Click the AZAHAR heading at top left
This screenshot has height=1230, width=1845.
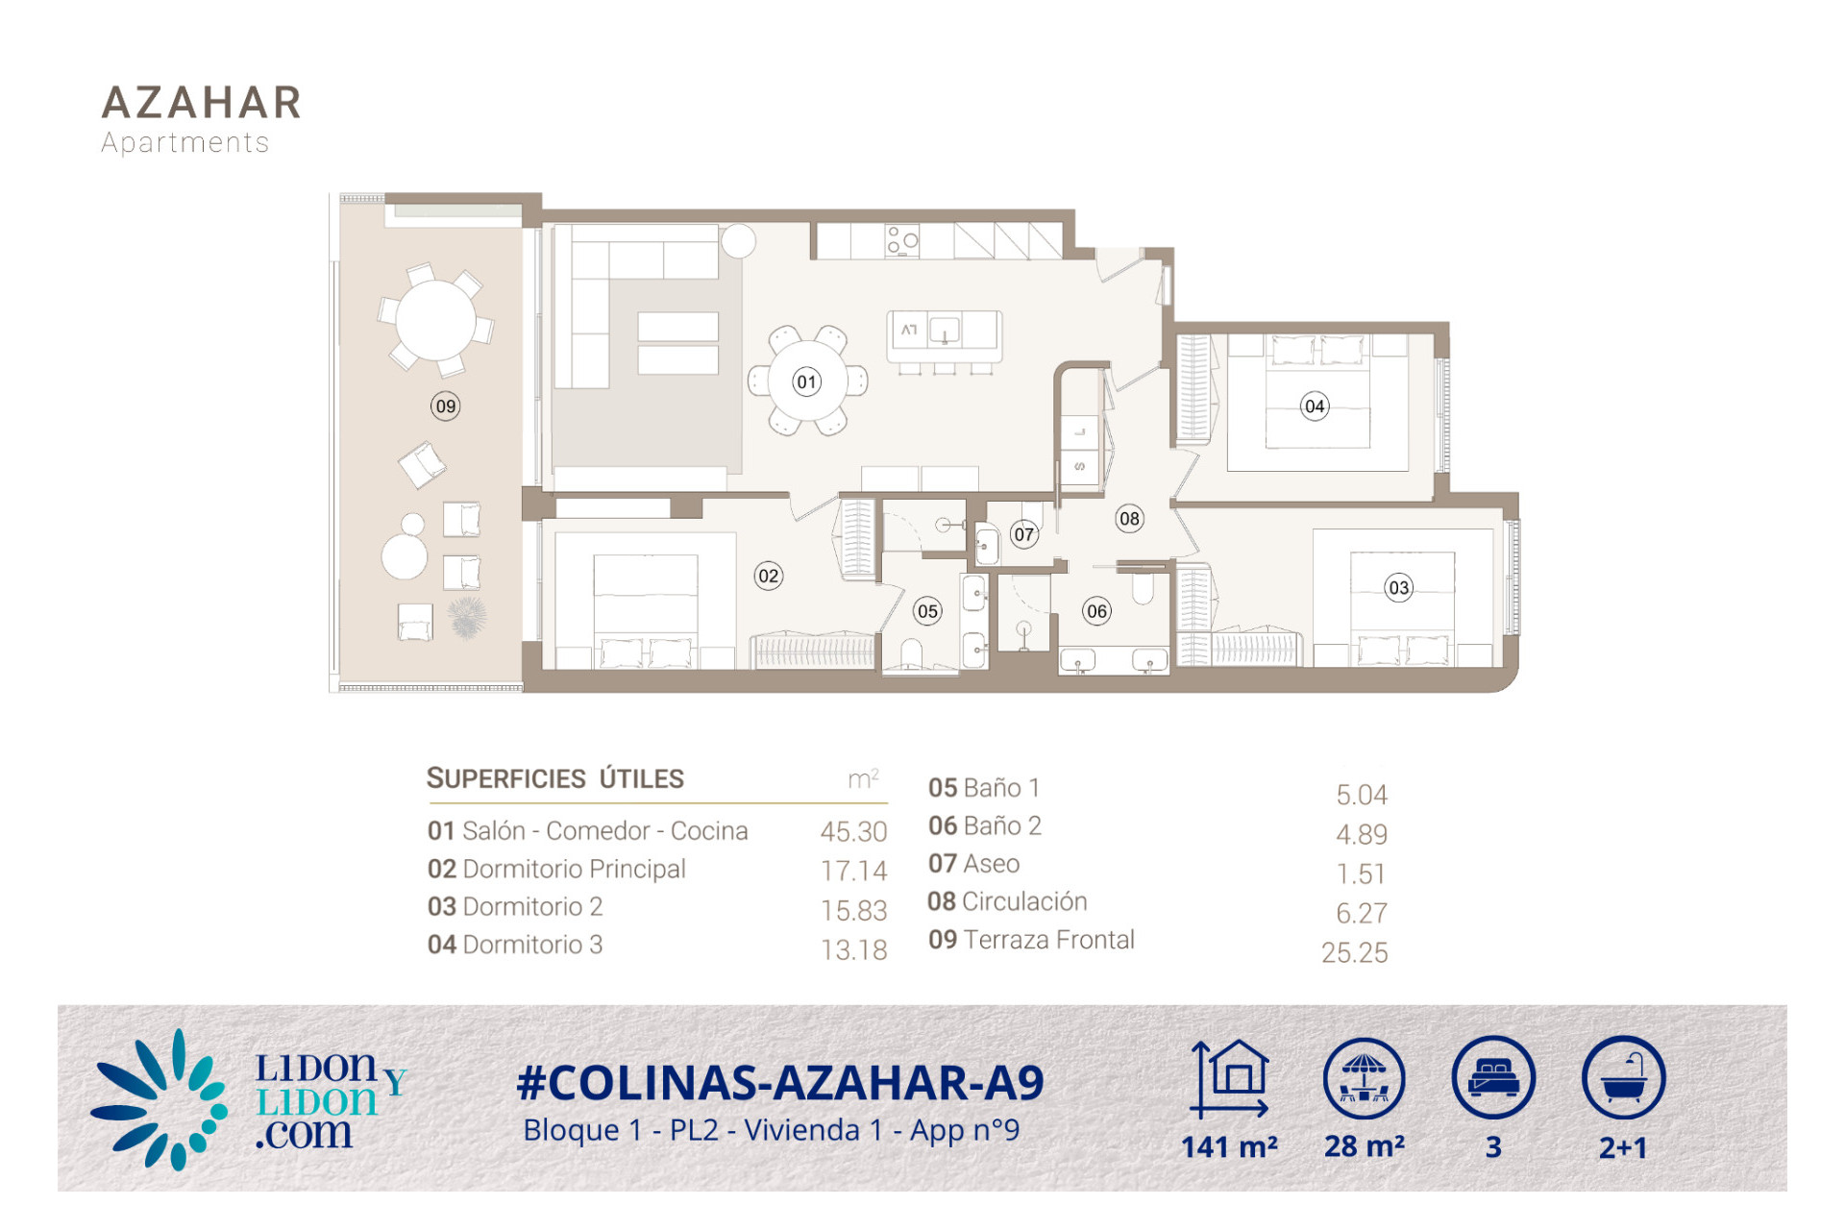tap(202, 103)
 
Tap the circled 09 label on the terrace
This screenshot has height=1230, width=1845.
tap(445, 406)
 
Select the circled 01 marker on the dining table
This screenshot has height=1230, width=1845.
tap(807, 381)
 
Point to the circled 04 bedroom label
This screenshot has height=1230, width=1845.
tap(1315, 406)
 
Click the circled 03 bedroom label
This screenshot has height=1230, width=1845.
tap(1399, 587)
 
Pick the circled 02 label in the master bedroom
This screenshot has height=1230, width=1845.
tap(769, 576)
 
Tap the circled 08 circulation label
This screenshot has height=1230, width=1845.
tap(1129, 519)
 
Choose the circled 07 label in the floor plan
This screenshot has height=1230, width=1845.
tap(1024, 534)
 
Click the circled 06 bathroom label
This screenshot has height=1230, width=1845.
tap(1096, 611)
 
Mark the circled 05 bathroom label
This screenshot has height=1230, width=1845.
tap(927, 611)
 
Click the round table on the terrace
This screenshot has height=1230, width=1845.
tap(436, 320)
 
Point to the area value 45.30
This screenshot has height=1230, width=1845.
tap(853, 831)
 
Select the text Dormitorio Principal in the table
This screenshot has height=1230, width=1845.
tap(574, 869)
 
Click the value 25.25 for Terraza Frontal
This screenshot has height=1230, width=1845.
tap(1354, 952)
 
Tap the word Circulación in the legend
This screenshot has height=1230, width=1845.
tap(1024, 901)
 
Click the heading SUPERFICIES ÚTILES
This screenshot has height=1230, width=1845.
tap(555, 778)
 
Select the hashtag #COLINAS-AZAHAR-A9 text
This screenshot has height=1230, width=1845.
tap(780, 1083)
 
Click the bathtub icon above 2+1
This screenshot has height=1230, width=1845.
tap(1623, 1077)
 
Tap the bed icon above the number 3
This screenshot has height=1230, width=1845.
tap(1493, 1077)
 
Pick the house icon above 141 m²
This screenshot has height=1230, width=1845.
tap(1231, 1079)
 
